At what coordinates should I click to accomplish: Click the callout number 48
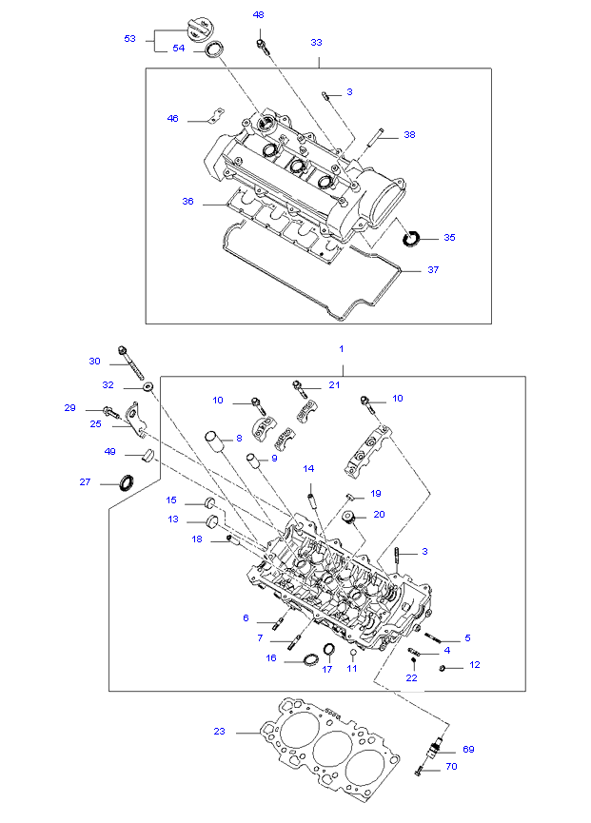258,14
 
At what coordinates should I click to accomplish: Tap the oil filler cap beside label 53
199,28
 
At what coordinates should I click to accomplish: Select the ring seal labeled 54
213,49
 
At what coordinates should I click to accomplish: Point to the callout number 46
172,119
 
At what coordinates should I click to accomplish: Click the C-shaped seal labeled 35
411,238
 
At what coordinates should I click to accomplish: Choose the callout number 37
433,270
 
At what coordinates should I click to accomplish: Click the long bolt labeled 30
131,363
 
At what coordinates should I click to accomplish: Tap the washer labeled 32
148,387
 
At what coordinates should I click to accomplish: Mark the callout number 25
95,423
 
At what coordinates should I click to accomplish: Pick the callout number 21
334,384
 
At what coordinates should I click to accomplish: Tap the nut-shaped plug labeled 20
349,517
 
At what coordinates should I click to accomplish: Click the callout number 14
308,469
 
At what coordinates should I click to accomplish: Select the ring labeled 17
328,649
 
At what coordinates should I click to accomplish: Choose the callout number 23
220,731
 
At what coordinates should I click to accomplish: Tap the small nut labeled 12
443,668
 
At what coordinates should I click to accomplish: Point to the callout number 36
187,201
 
